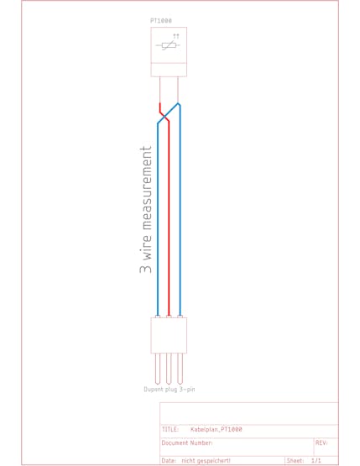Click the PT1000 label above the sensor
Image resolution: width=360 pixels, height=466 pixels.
tap(161, 21)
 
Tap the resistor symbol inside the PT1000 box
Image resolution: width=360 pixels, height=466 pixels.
tap(168, 45)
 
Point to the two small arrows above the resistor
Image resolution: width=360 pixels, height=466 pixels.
tap(176, 36)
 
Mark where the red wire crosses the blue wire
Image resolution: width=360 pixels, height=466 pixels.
tap(164, 117)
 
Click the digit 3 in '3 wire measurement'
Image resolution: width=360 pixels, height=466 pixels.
tap(145, 269)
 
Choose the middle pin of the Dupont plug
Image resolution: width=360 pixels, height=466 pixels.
tap(169, 369)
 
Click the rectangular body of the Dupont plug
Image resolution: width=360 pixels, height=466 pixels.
tap(169, 335)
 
